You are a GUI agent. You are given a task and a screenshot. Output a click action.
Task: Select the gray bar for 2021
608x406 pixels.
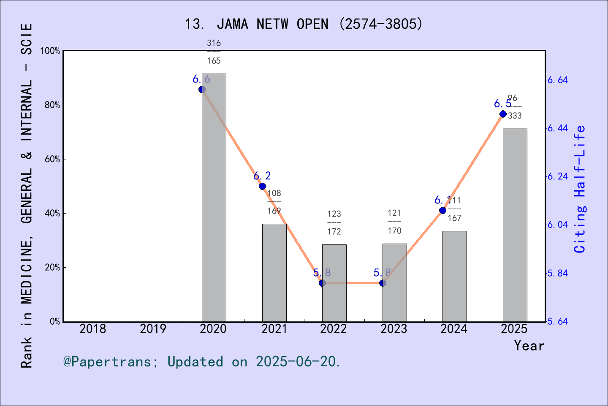(x=274, y=273)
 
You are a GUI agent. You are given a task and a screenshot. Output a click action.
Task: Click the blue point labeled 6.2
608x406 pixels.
(x=262, y=187)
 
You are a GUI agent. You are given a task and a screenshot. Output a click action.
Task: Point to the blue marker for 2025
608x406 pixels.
(x=503, y=114)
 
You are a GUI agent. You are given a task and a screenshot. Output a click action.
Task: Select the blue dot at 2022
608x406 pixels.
(x=322, y=283)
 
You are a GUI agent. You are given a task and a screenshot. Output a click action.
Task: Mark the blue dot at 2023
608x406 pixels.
(x=383, y=283)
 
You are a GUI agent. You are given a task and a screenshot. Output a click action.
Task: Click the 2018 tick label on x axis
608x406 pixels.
(x=93, y=329)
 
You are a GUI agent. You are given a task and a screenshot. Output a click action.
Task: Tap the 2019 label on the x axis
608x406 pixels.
(x=153, y=329)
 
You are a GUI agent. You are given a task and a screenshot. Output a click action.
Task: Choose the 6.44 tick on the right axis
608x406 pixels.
(x=557, y=129)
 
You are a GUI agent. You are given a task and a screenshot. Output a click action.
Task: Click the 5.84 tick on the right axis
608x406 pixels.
(x=557, y=273)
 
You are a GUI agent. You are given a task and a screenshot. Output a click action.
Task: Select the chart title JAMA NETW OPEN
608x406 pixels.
(x=304, y=24)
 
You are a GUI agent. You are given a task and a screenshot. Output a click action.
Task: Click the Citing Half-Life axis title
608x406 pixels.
(x=580, y=189)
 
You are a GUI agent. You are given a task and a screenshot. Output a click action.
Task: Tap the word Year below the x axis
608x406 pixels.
(x=529, y=346)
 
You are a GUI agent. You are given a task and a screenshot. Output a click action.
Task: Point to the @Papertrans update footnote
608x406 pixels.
(x=202, y=362)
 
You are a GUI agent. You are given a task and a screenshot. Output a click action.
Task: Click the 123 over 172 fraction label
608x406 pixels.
(x=334, y=222)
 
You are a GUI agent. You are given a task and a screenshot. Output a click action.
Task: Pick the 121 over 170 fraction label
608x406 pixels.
(x=394, y=222)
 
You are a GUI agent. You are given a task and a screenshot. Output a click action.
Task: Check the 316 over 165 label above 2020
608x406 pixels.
(x=214, y=52)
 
